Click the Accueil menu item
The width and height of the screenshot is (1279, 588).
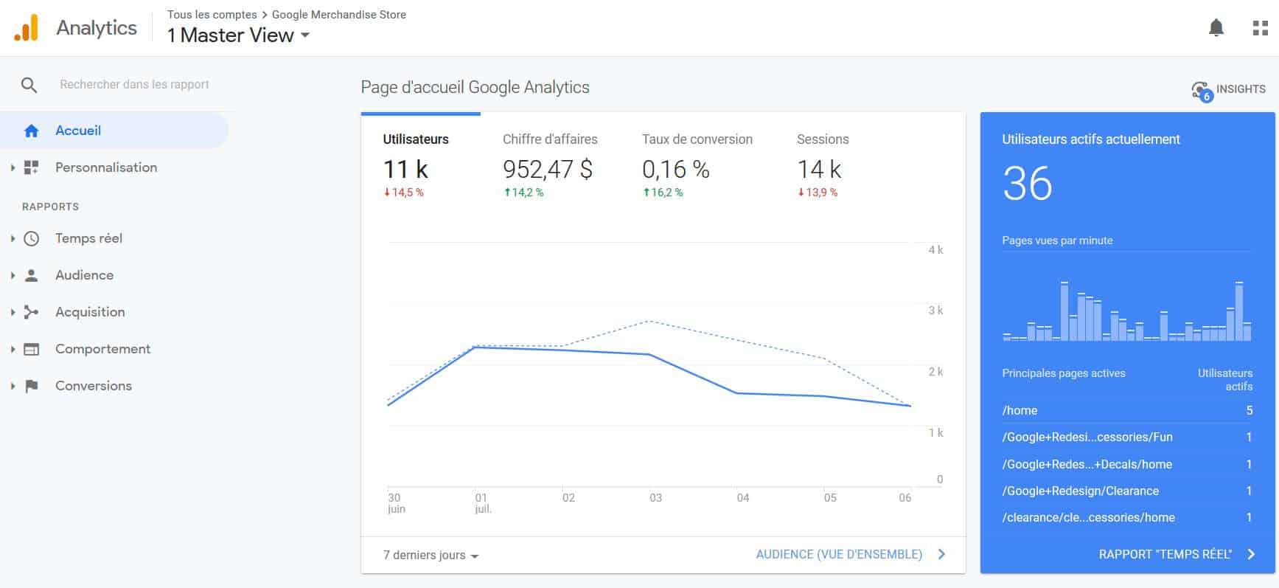pos(77,131)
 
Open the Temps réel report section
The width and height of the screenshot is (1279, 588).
pos(88,238)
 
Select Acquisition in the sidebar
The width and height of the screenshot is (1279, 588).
pos(90,312)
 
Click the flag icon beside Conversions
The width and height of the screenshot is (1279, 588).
pos(31,386)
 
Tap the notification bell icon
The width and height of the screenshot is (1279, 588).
pos(1216,28)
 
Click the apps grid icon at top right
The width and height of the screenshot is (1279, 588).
pos(1260,28)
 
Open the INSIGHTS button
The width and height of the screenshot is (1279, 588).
pos(1229,89)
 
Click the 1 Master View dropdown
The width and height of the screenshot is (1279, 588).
pos(237,35)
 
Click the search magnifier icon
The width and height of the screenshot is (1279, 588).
pos(29,85)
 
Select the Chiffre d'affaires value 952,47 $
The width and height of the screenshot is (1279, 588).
pos(548,170)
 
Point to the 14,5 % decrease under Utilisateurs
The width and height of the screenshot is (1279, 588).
pos(404,193)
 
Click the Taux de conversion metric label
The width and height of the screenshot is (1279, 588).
pos(697,139)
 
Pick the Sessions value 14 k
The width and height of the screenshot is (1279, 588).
pos(818,170)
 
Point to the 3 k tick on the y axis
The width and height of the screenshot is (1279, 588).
pos(935,311)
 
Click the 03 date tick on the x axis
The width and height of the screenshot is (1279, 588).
pos(655,498)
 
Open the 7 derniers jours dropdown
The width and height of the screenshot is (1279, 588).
pos(431,556)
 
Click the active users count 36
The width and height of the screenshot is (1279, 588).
pos(1027,184)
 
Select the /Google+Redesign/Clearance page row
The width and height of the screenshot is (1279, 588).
pos(1080,491)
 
